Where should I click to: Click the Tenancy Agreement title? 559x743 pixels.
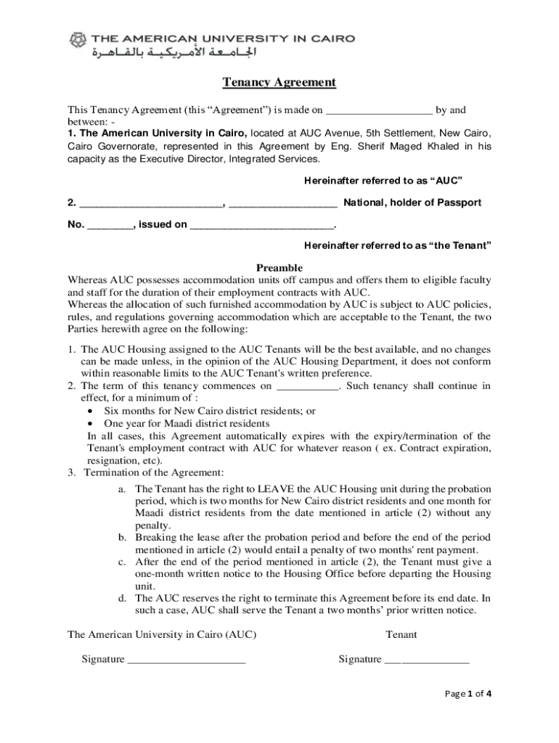[279, 82]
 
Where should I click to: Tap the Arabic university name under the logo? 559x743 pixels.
[174, 53]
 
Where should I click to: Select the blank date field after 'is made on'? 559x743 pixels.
[379, 111]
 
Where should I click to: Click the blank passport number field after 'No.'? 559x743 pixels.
[110, 224]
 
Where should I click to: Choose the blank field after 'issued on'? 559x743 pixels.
[261, 224]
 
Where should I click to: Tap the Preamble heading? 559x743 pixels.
[279, 268]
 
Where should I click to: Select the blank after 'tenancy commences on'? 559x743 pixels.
[308, 386]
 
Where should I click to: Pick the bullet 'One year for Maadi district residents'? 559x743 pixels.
[187, 423]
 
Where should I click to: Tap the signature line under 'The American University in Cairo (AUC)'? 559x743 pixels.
[187, 660]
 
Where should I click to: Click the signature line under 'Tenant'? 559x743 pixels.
[427, 660]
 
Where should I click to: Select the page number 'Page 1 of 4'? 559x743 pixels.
[468, 693]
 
